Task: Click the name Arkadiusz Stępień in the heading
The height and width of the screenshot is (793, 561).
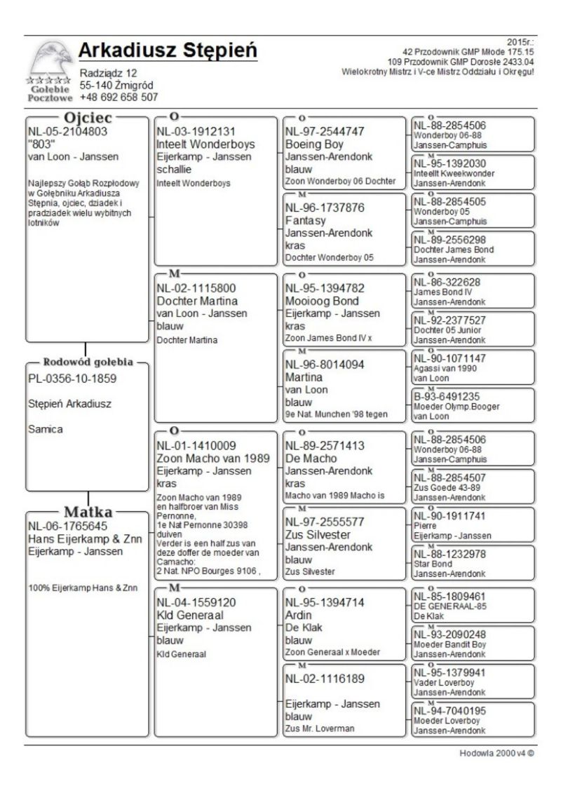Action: tap(168, 51)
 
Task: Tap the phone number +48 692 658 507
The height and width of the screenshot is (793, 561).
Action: tap(119, 97)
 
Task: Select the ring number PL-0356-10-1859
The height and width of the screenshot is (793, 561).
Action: tap(72, 379)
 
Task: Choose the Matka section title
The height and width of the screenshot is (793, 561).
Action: tap(88, 510)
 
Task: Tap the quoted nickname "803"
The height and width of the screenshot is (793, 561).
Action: tap(41, 144)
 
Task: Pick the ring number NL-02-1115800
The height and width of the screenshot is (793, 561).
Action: tap(196, 287)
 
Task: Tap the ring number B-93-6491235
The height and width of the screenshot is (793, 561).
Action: tap(447, 397)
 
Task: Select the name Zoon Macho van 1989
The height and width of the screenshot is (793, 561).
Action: tap(214, 459)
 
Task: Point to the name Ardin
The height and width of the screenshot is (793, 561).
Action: tap(299, 615)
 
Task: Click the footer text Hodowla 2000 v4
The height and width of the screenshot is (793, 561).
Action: tap(493, 753)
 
